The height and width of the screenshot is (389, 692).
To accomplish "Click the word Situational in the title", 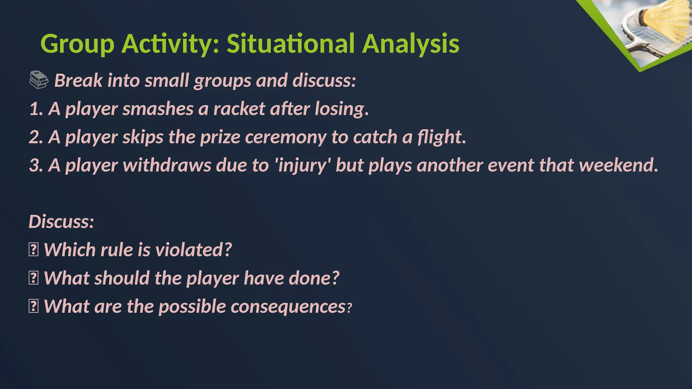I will point(290,44).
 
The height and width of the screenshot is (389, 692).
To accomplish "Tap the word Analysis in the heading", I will point(411,44).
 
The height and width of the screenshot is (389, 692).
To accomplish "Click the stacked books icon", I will point(39,80).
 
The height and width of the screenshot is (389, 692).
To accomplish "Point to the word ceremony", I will point(286,137).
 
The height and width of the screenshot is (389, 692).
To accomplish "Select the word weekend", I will point(618,165).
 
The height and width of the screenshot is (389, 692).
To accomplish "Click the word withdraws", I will point(167,165).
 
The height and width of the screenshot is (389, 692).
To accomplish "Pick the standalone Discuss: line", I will point(61,222).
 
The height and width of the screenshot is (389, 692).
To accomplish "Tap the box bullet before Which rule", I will point(33,250).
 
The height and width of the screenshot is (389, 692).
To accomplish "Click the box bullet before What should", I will point(33,279).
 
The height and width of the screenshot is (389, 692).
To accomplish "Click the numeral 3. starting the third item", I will point(36,165).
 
